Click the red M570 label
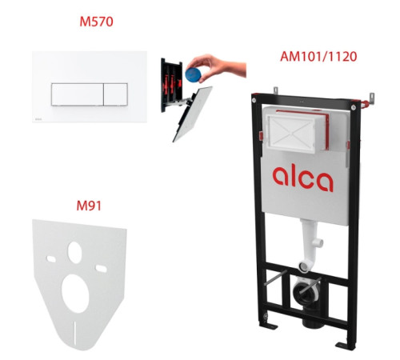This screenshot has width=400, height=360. (x=96, y=22)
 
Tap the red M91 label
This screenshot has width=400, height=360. (x=89, y=206)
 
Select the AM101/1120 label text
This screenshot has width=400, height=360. (x=318, y=57)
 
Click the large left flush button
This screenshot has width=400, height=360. (x=78, y=94)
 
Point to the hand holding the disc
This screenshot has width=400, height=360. (x=218, y=66)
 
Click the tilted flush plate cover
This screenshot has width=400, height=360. (x=193, y=114)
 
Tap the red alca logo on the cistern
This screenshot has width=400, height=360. (x=303, y=178)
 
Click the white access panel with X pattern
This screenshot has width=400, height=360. (x=291, y=134)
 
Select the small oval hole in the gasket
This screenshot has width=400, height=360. (x=74, y=253)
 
